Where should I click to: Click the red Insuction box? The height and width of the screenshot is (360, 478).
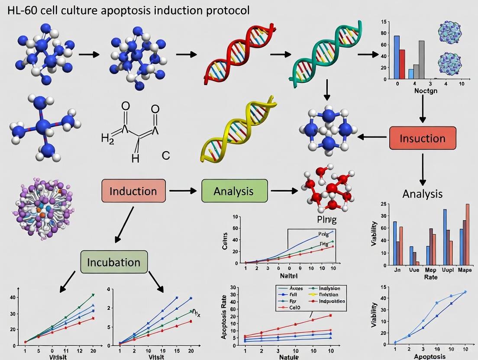coord(423,138)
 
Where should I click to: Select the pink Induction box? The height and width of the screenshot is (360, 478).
coord(133,191)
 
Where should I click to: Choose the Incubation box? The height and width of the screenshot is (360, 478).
coord(114,262)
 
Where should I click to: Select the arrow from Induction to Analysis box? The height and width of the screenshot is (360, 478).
coord(184,190)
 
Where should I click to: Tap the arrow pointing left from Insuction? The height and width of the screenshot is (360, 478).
coord(372,138)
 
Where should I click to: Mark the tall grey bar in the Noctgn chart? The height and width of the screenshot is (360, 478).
coord(421,60)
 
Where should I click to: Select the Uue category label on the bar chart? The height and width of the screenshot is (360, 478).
coord(414,270)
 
